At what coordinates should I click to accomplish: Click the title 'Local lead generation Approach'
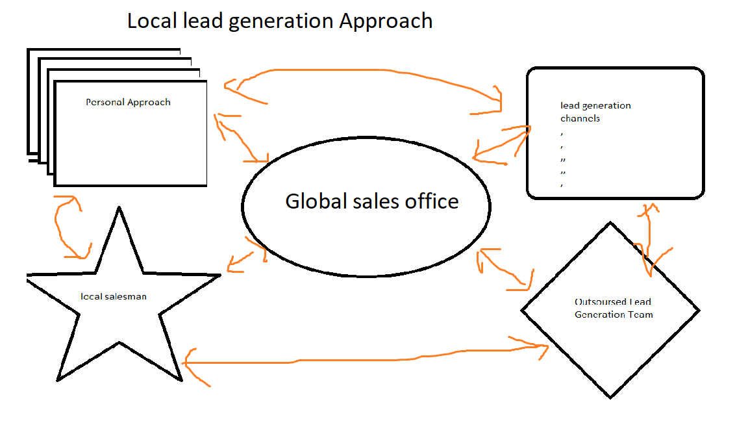pos(279,21)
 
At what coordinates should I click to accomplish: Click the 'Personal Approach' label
pos(128,102)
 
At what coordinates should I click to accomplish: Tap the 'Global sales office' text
pos(371,201)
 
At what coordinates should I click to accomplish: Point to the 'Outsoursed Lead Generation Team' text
pos(613,308)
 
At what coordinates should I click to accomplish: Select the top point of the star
pos(119,208)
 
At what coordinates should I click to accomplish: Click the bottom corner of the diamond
pos(610,397)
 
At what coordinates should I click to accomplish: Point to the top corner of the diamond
pos(610,223)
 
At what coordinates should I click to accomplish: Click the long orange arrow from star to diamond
pos(364,358)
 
